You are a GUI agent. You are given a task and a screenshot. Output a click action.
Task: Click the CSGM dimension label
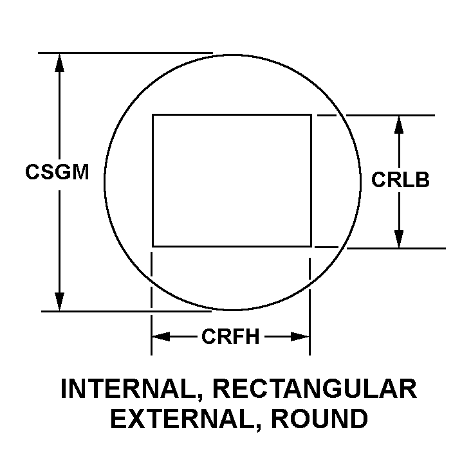click(x=57, y=172)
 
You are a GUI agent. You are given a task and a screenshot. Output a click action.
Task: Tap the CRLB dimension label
click(x=400, y=179)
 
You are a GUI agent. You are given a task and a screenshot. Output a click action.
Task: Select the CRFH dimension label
click(x=230, y=336)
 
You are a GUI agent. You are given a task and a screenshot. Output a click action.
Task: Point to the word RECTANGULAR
click(x=315, y=389)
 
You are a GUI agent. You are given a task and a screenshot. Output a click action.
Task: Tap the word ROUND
click(x=319, y=419)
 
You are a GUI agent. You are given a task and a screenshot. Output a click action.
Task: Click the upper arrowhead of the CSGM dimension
click(x=59, y=63)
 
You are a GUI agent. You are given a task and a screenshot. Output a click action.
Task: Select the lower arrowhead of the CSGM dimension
click(x=59, y=301)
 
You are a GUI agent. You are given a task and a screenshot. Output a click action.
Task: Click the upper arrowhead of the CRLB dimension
click(x=398, y=125)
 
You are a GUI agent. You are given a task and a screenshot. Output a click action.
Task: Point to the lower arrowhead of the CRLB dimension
click(x=398, y=239)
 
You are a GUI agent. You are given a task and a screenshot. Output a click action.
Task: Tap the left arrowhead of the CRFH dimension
click(x=161, y=336)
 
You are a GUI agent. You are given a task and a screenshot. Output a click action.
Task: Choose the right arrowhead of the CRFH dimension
click(x=300, y=336)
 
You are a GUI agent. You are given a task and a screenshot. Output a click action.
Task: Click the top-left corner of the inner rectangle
click(x=152, y=114)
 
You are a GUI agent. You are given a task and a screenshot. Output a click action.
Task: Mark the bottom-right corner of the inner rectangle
click(x=311, y=246)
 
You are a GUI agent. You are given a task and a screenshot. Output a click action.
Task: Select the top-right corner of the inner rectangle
click(x=311, y=114)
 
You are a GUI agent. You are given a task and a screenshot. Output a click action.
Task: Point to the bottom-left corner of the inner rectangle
click(x=152, y=246)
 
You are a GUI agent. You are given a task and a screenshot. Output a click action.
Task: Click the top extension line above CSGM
click(x=125, y=53)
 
